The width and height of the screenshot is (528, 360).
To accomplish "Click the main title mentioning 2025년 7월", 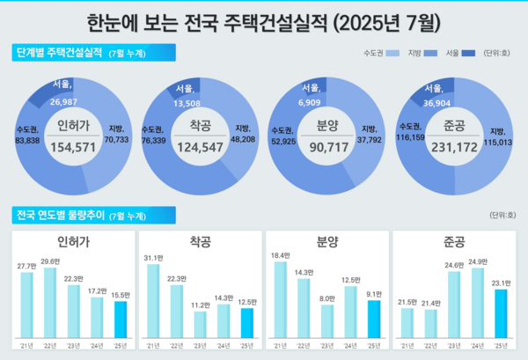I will [264, 18].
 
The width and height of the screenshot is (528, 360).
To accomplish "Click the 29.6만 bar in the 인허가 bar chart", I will [50, 302].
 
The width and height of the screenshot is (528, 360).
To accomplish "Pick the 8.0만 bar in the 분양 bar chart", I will [327, 321].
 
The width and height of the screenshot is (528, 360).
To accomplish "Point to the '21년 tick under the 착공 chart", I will [154, 345].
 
